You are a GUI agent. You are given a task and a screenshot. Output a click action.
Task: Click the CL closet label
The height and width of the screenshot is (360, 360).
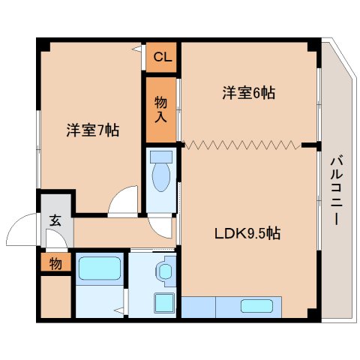coord(163,57)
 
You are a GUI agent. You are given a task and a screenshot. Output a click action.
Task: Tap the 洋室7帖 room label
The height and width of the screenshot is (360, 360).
coord(93,130)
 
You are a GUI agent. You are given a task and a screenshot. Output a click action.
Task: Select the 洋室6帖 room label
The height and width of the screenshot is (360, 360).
coord(249,93)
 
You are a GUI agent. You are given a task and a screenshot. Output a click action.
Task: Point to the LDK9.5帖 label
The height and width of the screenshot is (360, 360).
coord(247,233)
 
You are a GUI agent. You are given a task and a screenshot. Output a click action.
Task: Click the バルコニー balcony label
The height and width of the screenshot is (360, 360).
coord(337,190)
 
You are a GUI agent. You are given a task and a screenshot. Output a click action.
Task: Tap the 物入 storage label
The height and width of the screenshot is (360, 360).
coord(160,109)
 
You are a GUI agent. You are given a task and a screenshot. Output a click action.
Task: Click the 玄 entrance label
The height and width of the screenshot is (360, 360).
coord(55,220)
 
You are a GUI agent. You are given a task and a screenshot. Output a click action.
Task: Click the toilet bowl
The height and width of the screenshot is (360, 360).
coord(161,177)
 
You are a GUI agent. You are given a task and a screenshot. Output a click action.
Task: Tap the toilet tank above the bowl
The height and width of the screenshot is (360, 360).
coord(161,157)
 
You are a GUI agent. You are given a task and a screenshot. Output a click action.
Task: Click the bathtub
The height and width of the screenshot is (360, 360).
coord(100,268)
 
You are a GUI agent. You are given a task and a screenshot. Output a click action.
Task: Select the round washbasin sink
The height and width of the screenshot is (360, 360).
coord(165,271)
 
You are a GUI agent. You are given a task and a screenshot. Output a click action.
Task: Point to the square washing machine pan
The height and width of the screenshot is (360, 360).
coord(164,303)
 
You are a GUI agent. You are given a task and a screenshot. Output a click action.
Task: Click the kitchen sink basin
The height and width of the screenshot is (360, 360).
coord(256,306)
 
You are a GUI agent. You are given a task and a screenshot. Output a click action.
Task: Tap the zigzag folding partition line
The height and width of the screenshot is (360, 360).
coord(242,145)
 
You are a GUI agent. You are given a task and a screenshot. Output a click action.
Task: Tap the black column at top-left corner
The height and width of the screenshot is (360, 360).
coord(43,45)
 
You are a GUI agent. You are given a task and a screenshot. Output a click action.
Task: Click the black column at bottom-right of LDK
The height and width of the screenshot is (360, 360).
coord(314,316)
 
